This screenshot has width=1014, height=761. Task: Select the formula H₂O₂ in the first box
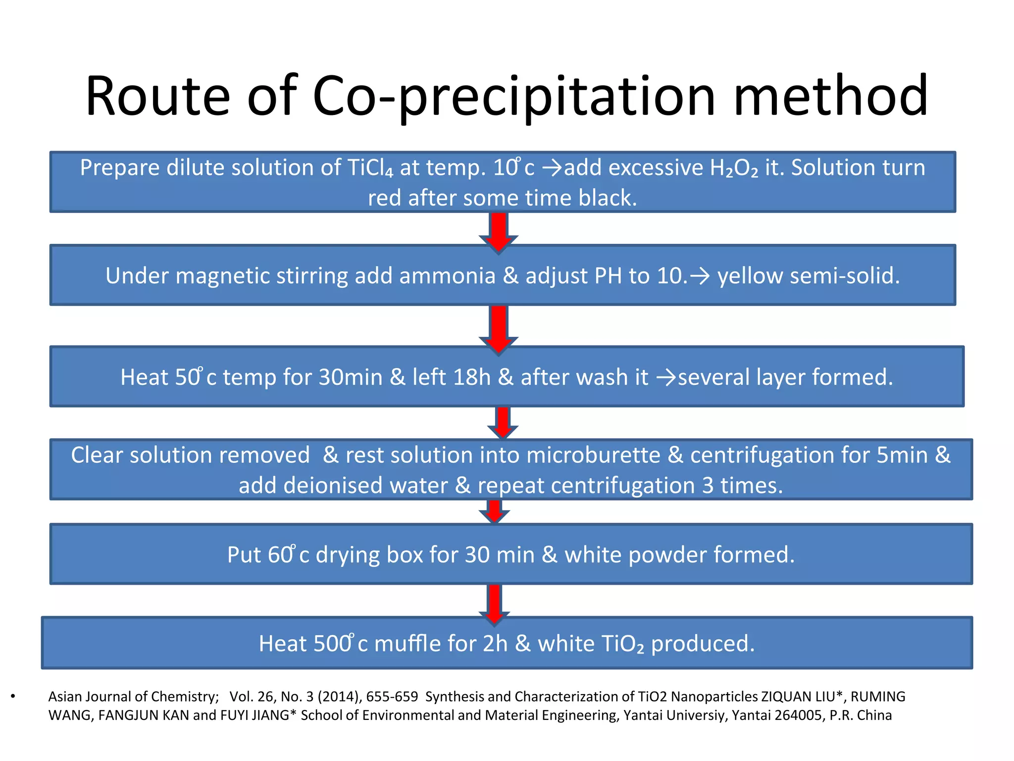(733, 168)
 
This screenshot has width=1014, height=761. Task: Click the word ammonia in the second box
(447, 276)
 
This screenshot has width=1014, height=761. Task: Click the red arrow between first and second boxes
(499, 231)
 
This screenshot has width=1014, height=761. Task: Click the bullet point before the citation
(13, 697)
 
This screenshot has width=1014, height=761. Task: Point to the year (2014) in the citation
(340, 697)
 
